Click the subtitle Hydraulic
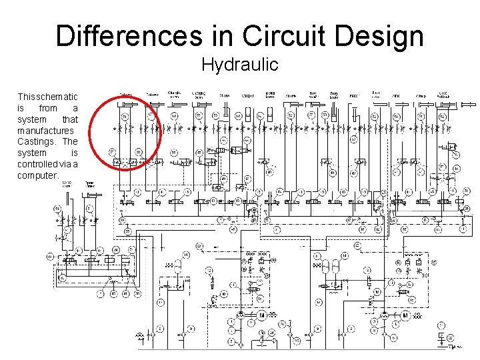[x=239, y=65]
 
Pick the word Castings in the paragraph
[x=39, y=141]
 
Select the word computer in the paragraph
[x=38, y=175]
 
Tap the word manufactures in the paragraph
[x=45, y=130]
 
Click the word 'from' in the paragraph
[x=48, y=107]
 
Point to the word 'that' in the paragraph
[x=70, y=119]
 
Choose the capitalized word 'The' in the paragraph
[x=70, y=141]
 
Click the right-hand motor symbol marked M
[x=404, y=315]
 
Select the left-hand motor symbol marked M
[x=262, y=315]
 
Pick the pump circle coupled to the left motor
[x=241, y=315]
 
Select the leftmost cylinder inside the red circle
[x=125, y=105]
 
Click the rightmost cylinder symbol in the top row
[x=467, y=105]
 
